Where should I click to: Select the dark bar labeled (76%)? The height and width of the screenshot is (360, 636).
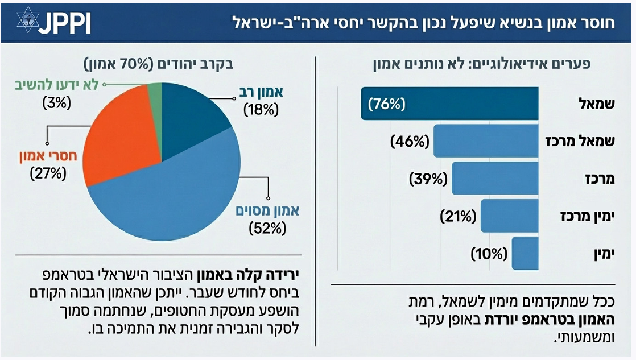pos(449,104)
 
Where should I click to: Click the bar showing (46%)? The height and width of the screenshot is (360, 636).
pos(486,141)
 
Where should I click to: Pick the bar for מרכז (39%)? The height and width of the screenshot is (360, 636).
pos(495,179)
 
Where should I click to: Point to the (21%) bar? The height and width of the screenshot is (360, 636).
pos(509,216)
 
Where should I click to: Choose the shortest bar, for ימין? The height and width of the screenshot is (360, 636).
pos(525,253)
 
